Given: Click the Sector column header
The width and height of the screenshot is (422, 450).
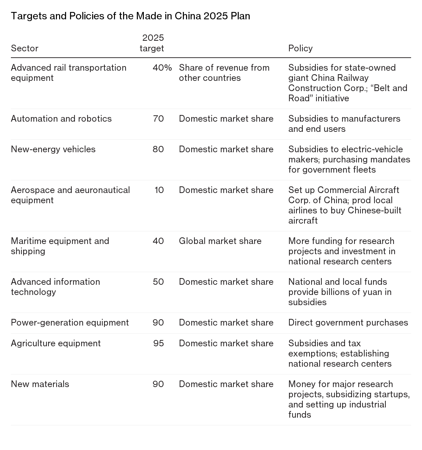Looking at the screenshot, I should tap(25, 48).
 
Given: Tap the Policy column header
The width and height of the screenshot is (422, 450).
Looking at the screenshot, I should tap(300, 48).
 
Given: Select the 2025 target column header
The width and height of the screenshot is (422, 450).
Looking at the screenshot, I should tap(152, 43).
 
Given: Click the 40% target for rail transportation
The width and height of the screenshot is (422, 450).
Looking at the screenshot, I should tap(162, 68).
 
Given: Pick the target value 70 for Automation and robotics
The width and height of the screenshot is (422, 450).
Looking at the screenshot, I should tap(158, 119).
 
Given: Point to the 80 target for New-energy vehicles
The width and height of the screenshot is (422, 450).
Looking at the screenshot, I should tap(158, 149).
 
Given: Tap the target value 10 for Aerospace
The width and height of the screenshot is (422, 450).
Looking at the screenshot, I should tap(159, 190).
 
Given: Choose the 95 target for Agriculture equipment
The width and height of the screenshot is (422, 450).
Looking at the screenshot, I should tap(159, 343).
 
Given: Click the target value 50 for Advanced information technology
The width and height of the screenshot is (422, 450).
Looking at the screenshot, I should tap(158, 282).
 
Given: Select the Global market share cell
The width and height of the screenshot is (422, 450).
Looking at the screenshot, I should tap(220, 241).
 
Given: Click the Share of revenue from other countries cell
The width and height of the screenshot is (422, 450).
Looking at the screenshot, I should tap(224, 73).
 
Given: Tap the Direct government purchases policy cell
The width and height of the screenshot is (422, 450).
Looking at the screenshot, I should tap(348, 323).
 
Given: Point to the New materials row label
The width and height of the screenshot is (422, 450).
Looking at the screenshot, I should tap(40, 384).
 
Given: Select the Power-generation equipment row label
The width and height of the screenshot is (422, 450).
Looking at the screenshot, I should tap(70, 323).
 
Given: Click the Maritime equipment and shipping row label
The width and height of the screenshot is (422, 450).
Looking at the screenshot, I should tap(60, 246).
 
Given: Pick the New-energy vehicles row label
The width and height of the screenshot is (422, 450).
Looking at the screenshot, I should tap(53, 149).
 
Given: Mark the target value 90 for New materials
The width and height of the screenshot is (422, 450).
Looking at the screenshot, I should tap(158, 384).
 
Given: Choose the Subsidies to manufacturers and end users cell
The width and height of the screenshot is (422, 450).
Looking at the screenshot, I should tap(344, 124).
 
